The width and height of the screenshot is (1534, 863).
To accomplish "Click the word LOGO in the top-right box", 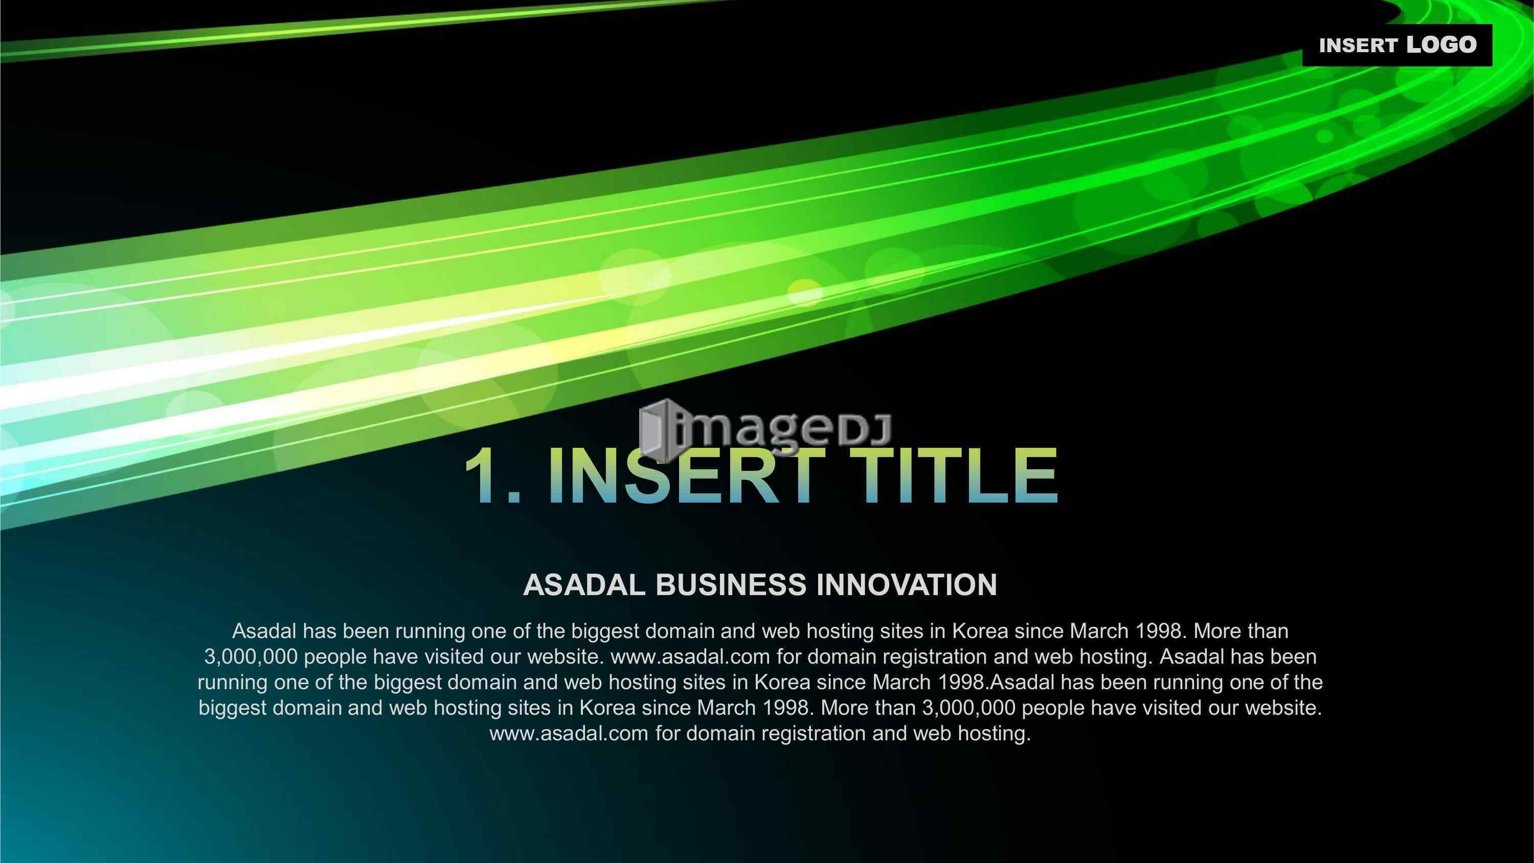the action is (1441, 44).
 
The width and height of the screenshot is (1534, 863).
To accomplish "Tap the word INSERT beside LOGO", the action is (1358, 46).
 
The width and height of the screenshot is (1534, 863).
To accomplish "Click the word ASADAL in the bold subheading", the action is (584, 585).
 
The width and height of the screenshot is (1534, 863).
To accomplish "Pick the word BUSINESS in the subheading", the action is (731, 585).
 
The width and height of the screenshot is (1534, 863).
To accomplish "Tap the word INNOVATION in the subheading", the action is (907, 585).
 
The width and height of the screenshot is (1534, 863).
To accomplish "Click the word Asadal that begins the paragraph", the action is (264, 631).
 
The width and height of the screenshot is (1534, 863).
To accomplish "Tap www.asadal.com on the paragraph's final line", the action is (569, 733).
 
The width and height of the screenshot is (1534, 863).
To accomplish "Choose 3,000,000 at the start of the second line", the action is (251, 657).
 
